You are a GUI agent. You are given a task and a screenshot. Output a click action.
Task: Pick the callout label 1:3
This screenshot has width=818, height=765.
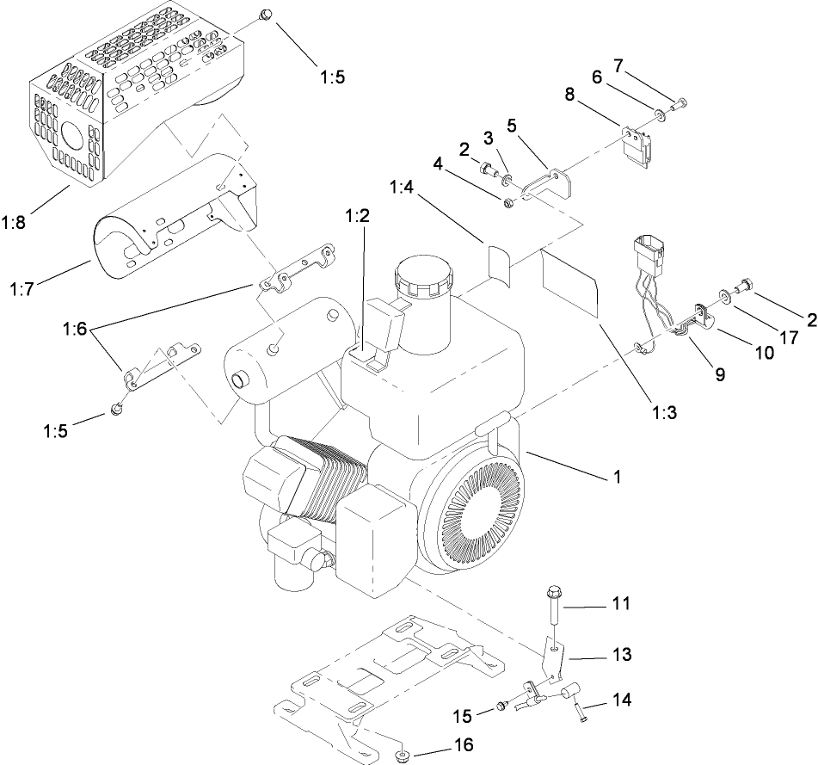663,412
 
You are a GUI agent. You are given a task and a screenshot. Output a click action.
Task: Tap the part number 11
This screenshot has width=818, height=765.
621,605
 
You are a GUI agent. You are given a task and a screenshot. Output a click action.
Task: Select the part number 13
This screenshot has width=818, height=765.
621,655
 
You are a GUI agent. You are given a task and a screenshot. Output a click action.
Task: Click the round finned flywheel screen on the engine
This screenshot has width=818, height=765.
476,517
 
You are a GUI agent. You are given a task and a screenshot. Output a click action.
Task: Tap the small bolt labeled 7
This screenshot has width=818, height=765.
680,104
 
